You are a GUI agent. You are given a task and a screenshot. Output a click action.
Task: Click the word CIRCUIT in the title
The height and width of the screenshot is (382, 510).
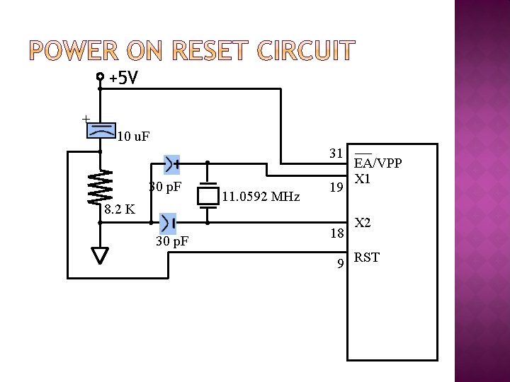[305, 52]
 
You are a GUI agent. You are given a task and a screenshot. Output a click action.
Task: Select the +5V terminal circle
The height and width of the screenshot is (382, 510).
[100, 76]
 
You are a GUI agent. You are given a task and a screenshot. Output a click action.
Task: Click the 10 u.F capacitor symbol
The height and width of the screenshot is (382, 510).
[101, 130]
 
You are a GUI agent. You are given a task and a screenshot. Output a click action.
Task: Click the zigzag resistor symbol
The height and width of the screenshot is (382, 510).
[101, 187]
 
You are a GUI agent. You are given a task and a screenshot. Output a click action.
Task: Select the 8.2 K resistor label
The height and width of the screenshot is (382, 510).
[120, 210]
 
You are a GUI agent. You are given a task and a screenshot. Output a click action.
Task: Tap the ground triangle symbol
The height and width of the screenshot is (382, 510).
[101, 255]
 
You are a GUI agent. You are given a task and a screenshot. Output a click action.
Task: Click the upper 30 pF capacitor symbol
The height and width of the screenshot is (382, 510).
[171, 164]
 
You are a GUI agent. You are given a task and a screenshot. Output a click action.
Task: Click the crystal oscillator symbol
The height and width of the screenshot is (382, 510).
[208, 195]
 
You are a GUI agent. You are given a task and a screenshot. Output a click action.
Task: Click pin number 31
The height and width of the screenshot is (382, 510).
[336, 154]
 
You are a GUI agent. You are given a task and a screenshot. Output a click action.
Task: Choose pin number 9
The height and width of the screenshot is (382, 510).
[340, 264]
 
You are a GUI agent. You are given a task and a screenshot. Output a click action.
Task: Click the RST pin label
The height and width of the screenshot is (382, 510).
[367, 257]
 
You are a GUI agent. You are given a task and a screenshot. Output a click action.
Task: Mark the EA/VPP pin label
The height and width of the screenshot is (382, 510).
[378, 163]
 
